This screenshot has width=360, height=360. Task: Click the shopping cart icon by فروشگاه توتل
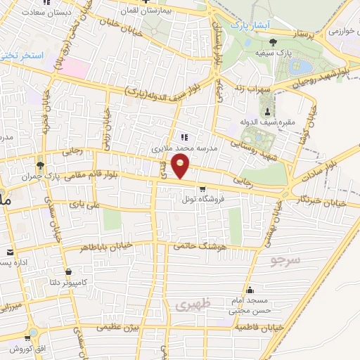[203, 188]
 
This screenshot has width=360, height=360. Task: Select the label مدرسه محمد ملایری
[185, 149]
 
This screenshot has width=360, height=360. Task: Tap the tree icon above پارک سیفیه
[273, 42]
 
